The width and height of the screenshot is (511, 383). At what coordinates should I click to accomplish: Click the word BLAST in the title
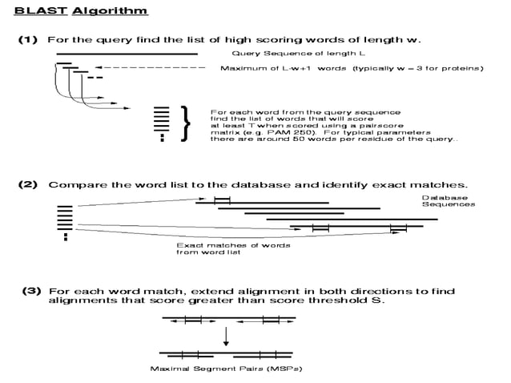coord(41,10)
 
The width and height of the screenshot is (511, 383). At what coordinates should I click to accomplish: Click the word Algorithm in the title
coord(110,11)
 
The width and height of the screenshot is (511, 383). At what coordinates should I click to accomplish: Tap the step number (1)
coord(28,40)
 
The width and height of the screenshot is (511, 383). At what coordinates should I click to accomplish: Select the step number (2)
coord(28,184)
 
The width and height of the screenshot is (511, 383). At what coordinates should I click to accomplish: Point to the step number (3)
coord(31,290)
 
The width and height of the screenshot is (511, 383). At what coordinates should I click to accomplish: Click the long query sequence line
coord(127,54)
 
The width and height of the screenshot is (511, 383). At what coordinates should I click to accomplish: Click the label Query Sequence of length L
coord(299,54)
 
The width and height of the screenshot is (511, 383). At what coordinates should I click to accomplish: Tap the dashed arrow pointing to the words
coord(151,67)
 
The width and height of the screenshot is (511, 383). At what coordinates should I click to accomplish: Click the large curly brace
coord(186,123)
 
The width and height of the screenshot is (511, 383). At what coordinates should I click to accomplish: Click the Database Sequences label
coord(449,201)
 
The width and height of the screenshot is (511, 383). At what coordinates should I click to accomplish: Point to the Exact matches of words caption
coord(233,245)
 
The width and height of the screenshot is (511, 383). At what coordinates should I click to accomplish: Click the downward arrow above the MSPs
coord(226,337)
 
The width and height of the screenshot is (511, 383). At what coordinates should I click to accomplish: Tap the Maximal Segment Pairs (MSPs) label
coord(226,369)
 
